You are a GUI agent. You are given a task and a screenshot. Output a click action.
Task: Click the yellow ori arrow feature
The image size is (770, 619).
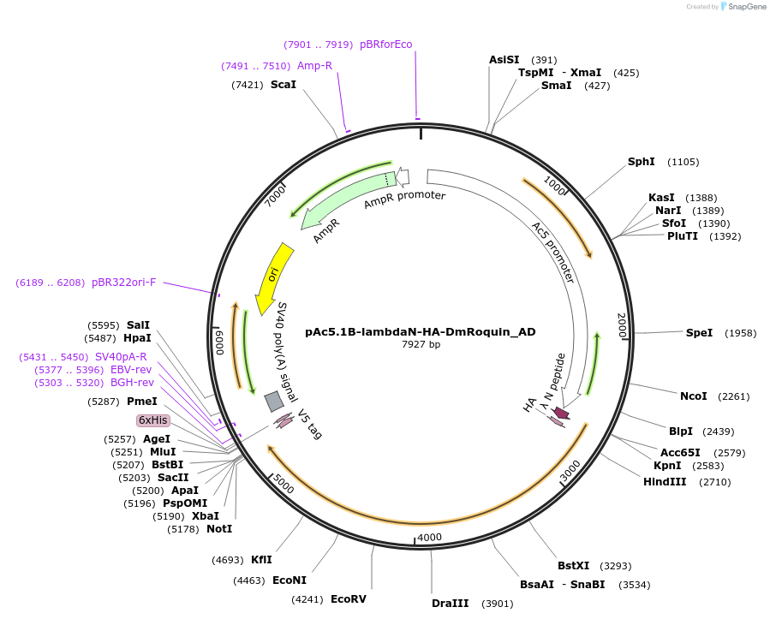(x=274, y=277)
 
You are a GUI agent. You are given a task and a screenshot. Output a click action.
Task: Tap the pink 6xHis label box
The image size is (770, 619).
(x=154, y=420)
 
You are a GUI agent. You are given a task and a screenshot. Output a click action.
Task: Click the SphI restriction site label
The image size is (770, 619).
(x=641, y=162)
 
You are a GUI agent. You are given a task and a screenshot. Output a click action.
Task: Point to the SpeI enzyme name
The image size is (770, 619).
(x=699, y=332)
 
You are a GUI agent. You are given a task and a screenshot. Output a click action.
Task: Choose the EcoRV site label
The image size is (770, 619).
(x=348, y=598)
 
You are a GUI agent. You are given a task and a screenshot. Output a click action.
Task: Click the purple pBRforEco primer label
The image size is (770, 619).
(x=385, y=45)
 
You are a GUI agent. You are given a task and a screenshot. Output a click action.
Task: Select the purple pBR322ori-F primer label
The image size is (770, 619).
(x=124, y=282)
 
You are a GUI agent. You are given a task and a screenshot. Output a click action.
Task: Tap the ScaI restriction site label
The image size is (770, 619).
(x=283, y=85)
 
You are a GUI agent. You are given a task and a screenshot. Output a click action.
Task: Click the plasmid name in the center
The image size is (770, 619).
(x=421, y=331)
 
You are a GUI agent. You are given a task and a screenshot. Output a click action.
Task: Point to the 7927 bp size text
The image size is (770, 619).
(x=421, y=344)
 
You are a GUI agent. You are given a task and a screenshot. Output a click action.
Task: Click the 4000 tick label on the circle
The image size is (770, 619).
(x=428, y=537)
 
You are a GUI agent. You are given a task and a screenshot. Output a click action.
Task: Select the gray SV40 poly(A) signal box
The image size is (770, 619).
(x=274, y=401)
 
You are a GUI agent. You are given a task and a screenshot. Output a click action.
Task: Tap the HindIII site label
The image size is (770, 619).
(x=665, y=482)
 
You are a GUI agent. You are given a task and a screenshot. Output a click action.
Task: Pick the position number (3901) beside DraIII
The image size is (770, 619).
(x=497, y=604)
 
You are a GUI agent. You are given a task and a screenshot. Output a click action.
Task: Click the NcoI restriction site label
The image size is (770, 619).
(x=693, y=396)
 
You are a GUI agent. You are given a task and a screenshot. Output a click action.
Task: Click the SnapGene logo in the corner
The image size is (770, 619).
(x=743, y=7)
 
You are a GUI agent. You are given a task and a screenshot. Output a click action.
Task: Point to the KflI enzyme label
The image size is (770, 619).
(x=261, y=560)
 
